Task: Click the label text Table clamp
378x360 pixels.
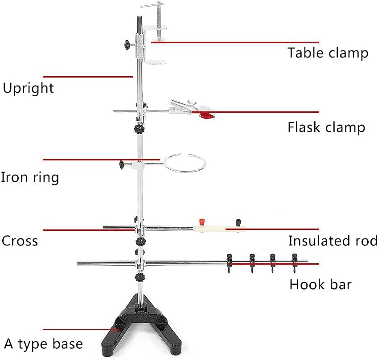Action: pyautogui.click(x=328, y=53)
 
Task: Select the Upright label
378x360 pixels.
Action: pyautogui.click(x=28, y=88)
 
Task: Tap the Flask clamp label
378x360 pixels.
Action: pyautogui.click(x=326, y=127)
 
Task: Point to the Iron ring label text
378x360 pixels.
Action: pyautogui.click(x=29, y=177)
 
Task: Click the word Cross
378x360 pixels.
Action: pyautogui.click(x=20, y=241)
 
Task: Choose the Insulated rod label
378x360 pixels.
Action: pyautogui.click(x=333, y=241)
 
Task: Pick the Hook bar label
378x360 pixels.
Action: pyautogui.click(x=320, y=284)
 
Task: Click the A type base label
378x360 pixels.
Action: pyautogui.click(x=43, y=344)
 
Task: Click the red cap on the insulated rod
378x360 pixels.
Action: pyautogui.click(x=201, y=221)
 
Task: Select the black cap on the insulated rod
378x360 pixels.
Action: pyautogui.click(x=238, y=221)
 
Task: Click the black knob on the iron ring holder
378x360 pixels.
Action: pyautogui.click(x=121, y=165)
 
